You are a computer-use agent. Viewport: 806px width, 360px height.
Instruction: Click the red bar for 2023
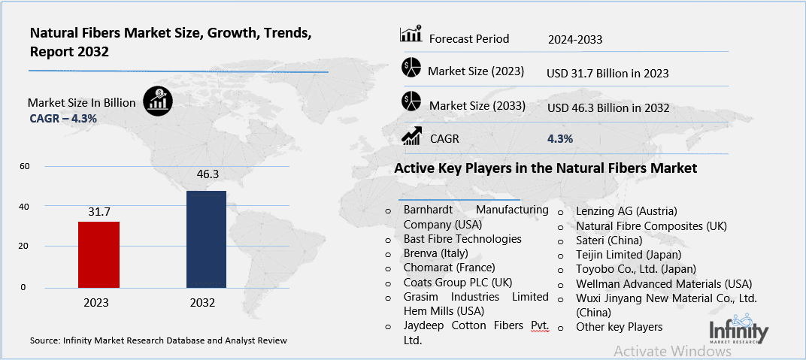point(98,254)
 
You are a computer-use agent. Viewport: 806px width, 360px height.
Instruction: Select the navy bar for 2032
point(206,239)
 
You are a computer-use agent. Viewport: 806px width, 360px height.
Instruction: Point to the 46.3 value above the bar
point(207,175)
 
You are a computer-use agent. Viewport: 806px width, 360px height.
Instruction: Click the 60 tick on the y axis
point(23,166)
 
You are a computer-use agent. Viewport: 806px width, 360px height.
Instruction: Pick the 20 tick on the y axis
point(23,247)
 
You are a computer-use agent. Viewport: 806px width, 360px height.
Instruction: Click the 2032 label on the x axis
point(203,303)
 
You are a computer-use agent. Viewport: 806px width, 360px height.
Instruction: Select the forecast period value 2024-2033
point(576,39)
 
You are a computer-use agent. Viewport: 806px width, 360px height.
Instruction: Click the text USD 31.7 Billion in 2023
point(608,74)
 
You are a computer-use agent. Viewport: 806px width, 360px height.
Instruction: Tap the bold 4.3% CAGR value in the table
point(560,138)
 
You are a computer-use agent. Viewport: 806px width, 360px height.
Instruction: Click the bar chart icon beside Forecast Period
point(411,35)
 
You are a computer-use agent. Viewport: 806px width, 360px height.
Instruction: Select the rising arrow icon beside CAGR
point(411,136)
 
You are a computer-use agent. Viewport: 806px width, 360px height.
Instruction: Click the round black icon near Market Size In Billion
point(158,101)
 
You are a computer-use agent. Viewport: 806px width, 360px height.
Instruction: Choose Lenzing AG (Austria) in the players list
point(626,210)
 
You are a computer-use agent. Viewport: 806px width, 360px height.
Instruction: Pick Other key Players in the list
point(619,327)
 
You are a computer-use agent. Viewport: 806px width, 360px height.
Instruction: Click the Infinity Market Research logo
point(738,333)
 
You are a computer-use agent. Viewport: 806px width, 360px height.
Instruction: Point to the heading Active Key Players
point(545,168)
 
